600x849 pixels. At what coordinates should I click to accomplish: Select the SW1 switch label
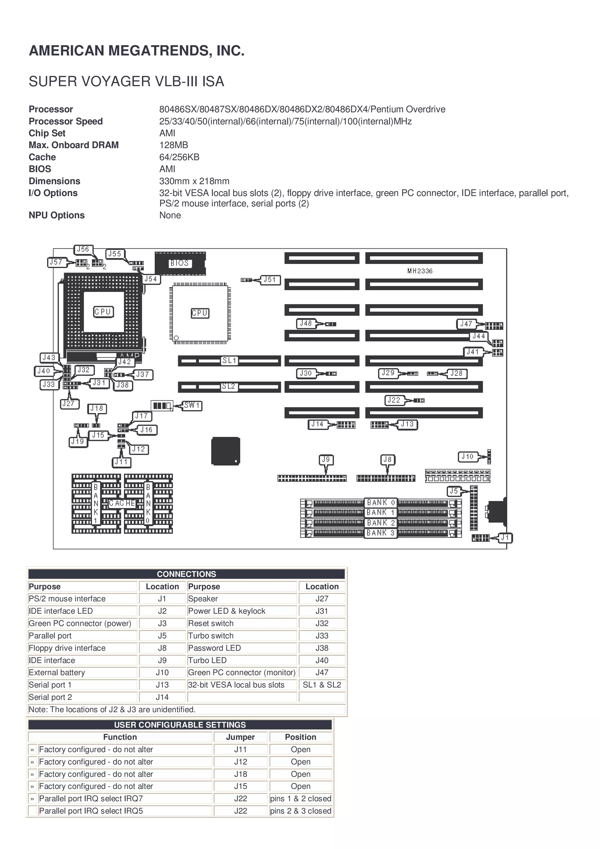click(192, 406)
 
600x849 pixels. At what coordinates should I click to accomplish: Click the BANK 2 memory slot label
click(381, 523)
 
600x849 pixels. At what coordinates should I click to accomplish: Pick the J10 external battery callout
click(467, 457)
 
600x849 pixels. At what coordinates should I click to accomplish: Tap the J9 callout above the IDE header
click(326, 460)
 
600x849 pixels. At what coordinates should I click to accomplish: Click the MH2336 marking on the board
click(420, 271)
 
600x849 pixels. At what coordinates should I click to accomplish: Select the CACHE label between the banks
click(122, 503)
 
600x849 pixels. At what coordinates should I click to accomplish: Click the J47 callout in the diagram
click(466, 324)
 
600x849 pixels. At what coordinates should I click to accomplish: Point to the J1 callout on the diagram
click(505, 538)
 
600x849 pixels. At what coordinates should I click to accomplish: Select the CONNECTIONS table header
click(186, 574)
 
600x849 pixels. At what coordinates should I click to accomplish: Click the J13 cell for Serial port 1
click(162, 685)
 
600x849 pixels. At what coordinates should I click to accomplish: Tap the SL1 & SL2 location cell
click(322, 685)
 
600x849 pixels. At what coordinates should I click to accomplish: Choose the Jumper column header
click(240, 737)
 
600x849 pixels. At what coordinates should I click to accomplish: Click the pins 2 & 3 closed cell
click(301, 811)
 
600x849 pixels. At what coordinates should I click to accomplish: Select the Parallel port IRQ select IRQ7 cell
click(91, 799)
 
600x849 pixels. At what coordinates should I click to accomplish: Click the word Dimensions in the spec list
click(54, 181)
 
